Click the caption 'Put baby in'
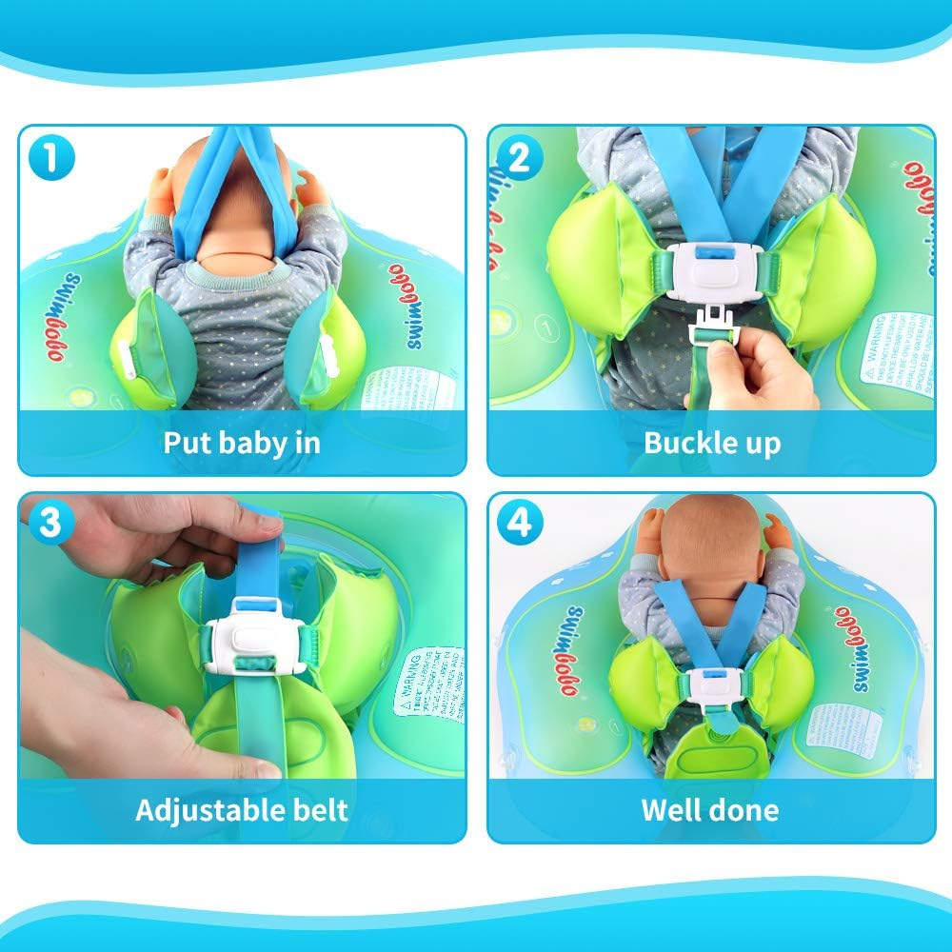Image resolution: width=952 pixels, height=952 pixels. tap(242, 443)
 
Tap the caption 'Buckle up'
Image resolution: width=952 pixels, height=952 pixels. tap(711, 443)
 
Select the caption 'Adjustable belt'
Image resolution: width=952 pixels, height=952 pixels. tap(242, 811)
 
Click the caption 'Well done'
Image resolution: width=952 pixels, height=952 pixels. tap(710, 811)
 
